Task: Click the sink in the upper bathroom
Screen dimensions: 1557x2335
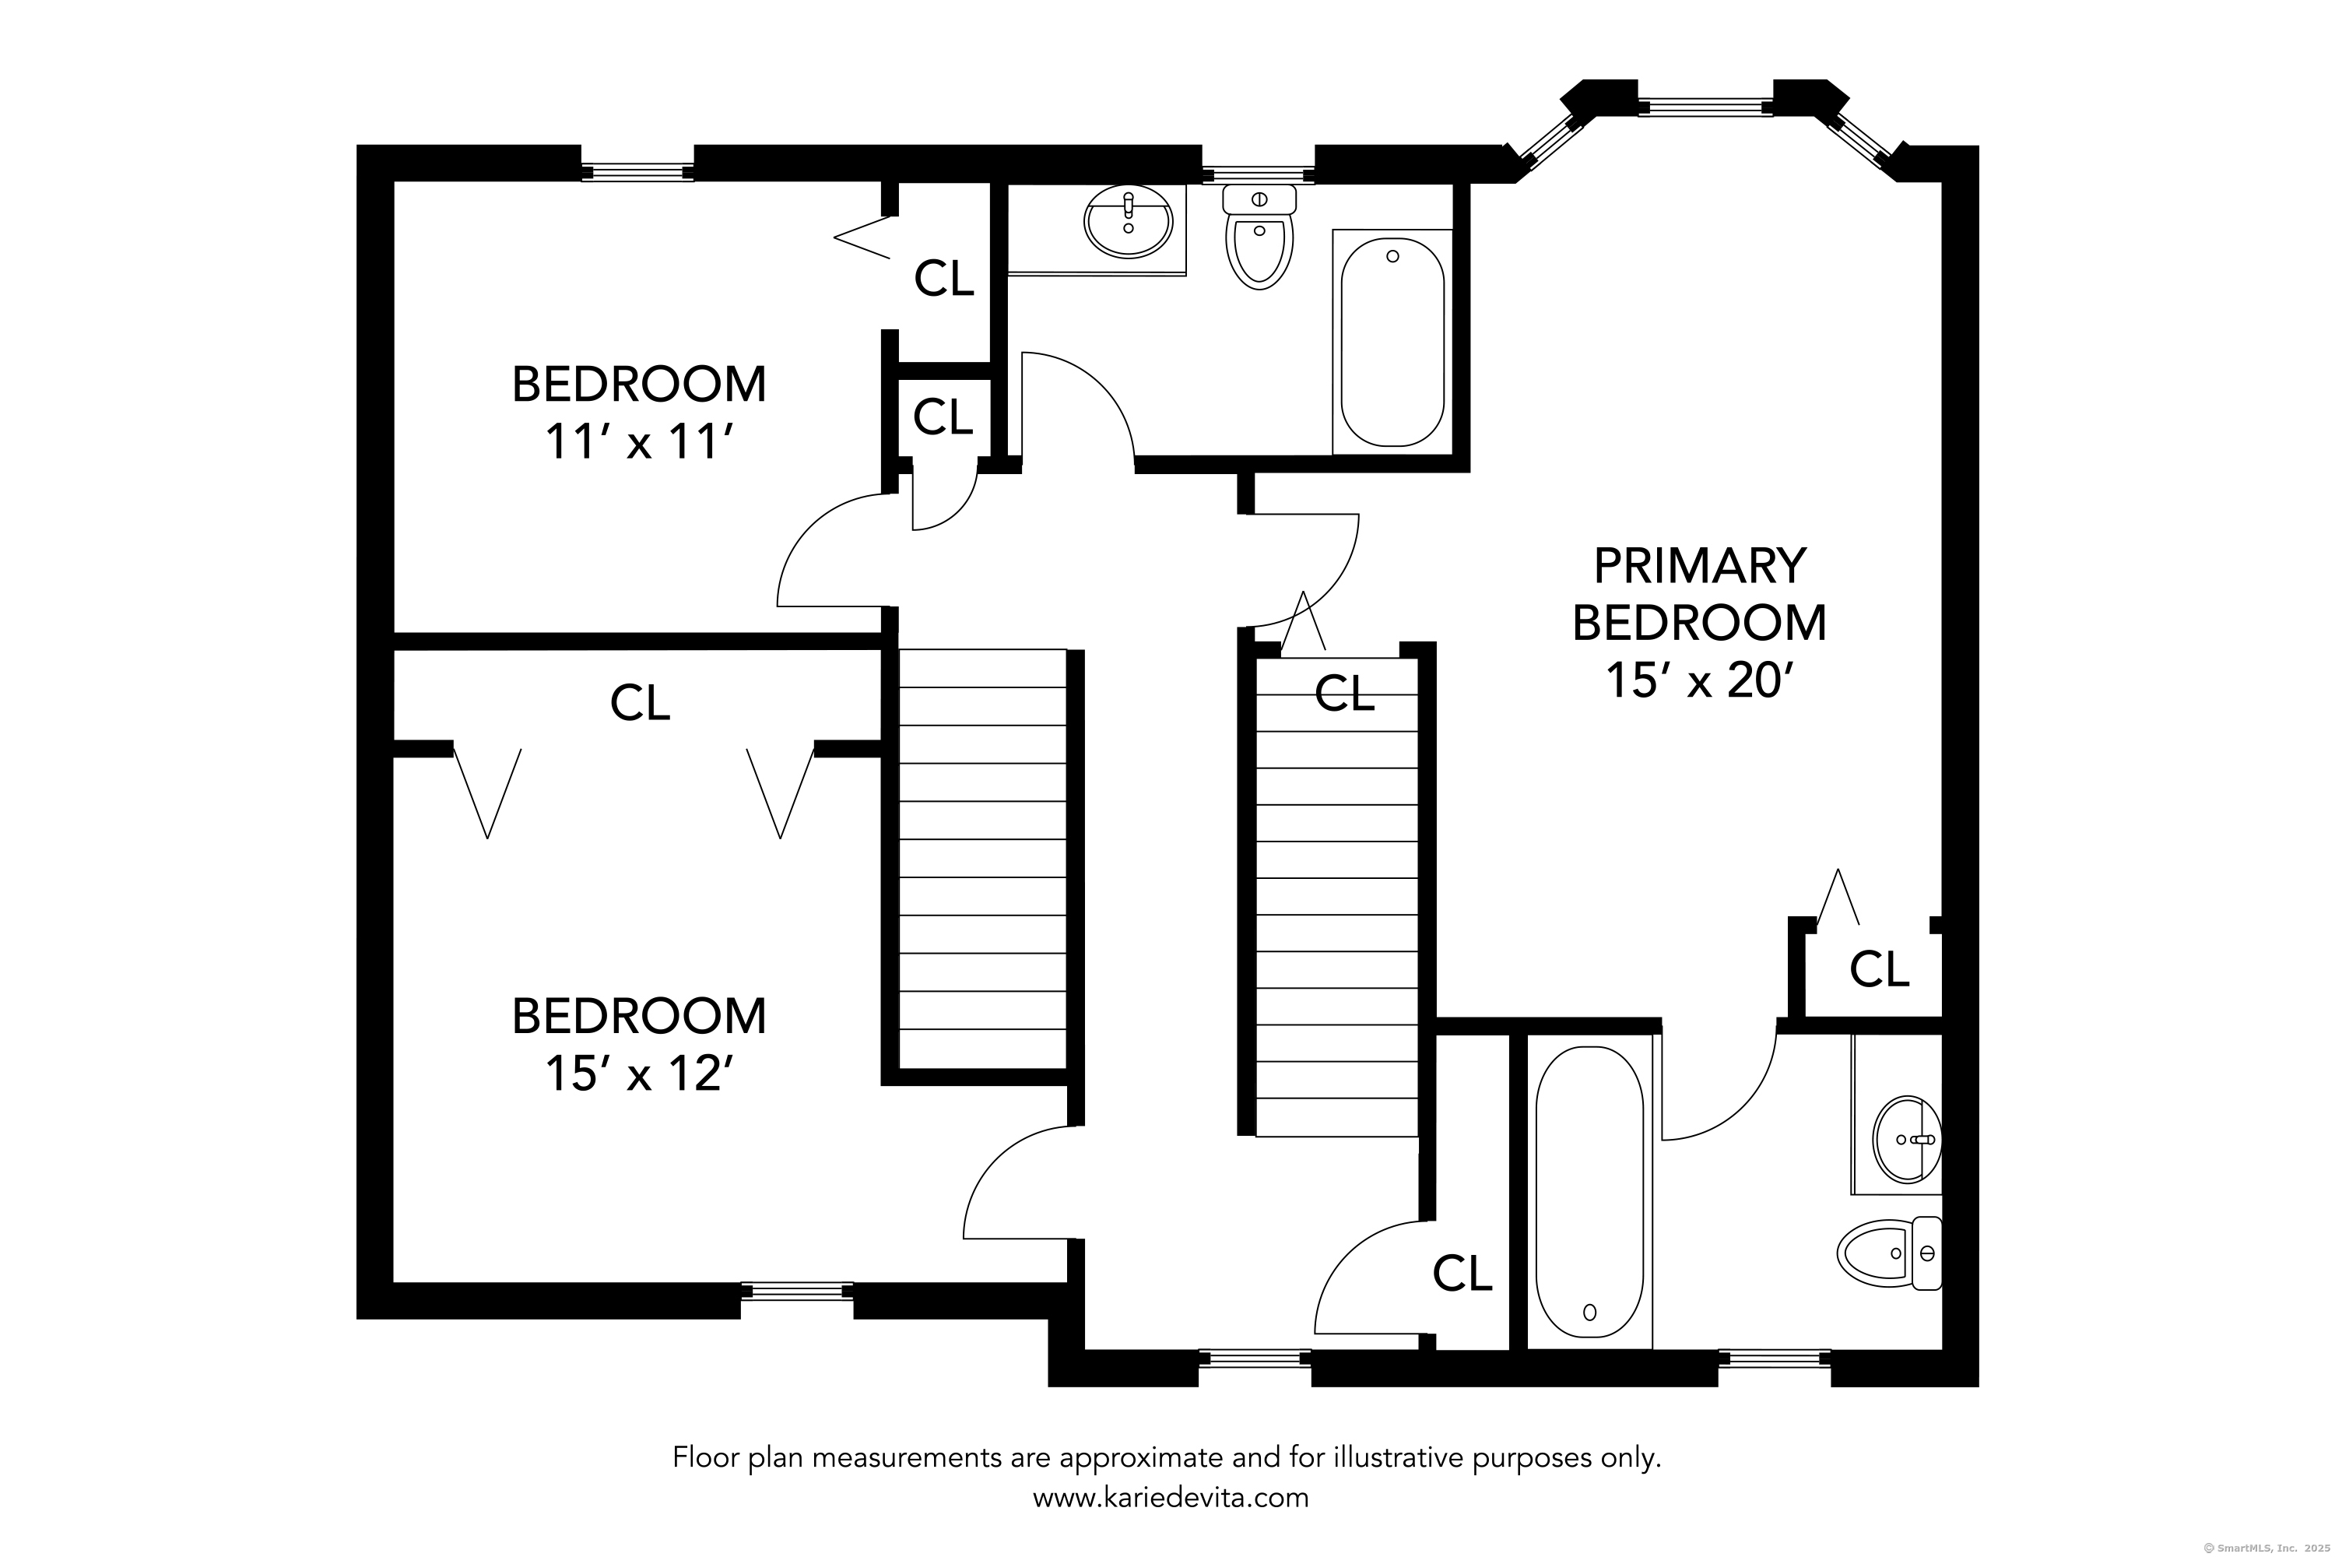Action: (1129, 223)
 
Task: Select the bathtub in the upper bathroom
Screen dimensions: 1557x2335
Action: (1392, 342)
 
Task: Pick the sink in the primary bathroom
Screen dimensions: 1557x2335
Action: (1907, 1140)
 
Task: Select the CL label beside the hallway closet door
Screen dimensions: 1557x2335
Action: (1462, 1273)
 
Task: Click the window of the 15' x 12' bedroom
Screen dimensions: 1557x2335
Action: (796, 1291)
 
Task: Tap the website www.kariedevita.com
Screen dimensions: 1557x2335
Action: (1171, 1497)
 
